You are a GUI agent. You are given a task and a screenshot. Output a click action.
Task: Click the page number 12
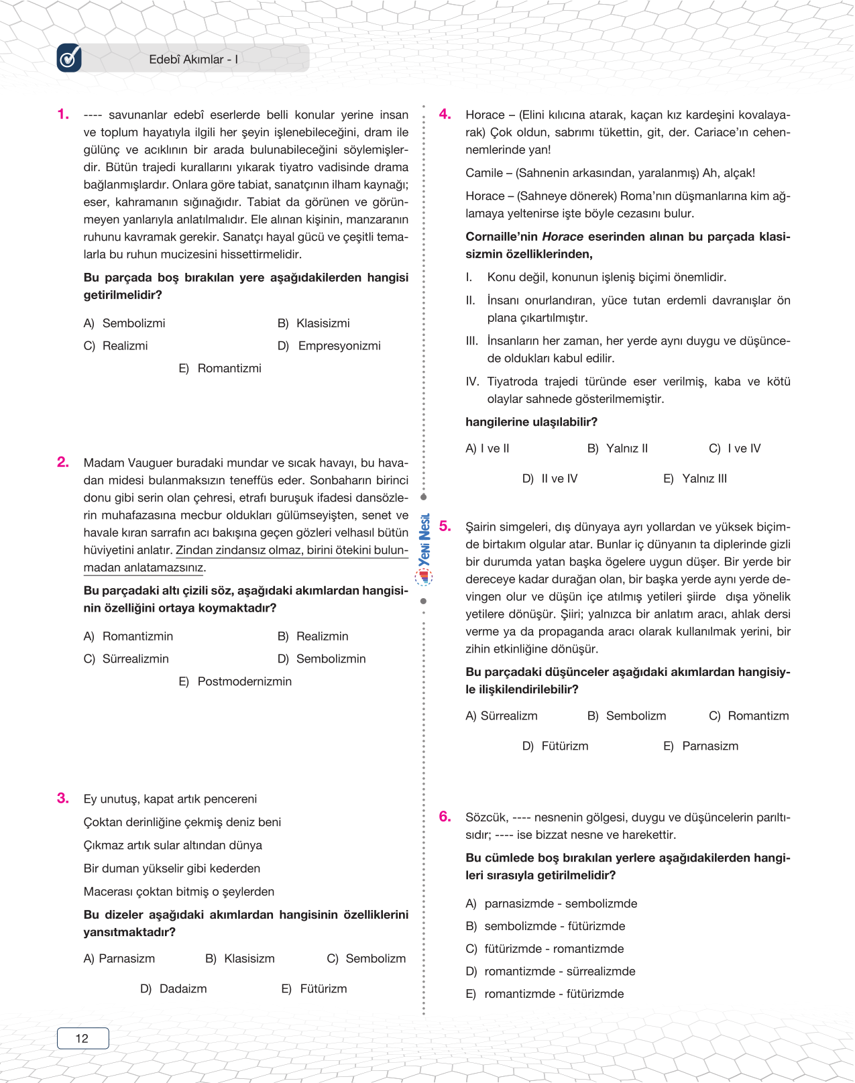(82, 1038)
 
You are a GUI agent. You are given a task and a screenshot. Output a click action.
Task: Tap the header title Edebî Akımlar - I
(193, 60)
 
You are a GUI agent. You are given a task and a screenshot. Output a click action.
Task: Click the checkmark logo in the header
(69, 58)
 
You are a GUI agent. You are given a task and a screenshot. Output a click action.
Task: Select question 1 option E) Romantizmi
(220, 368)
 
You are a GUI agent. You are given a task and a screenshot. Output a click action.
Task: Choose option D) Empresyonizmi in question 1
(329, 346)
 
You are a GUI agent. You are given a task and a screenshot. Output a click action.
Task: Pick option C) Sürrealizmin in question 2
(126, 659)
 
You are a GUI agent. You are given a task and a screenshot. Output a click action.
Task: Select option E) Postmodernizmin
(235, 682)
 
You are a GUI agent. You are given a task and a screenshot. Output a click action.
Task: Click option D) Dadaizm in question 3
(174, 989)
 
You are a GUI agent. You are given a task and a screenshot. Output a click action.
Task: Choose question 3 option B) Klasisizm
(240, 959)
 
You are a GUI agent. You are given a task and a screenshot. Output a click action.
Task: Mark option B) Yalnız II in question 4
(618, 449)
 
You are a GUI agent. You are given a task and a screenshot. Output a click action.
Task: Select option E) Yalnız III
(695, 479)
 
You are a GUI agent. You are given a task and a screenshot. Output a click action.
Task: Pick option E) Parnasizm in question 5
(701, 746)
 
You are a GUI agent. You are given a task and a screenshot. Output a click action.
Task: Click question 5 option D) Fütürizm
(555, 746)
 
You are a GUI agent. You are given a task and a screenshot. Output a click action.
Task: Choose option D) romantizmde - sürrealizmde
(551, 972)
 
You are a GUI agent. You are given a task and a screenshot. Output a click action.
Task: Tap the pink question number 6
(445, 817)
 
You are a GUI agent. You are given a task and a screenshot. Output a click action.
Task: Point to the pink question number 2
(63, 462)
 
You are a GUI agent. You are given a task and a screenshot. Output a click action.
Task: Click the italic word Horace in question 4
(563, 237)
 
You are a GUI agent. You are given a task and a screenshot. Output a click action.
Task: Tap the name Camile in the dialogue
(484, 173)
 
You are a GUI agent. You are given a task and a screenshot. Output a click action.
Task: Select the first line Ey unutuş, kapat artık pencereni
(170, 799)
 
